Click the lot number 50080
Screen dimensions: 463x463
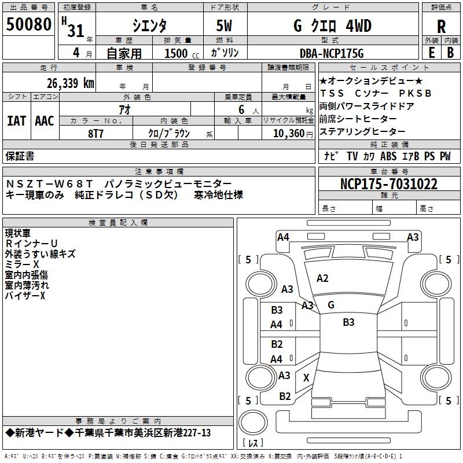29,25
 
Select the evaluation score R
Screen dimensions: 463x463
441,27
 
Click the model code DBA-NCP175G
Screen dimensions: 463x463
332,54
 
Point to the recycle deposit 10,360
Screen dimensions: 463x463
286,133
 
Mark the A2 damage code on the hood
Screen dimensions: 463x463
322,278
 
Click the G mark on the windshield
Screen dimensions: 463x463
331,304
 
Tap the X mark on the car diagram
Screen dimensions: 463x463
306,377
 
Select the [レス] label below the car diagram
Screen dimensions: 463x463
253,443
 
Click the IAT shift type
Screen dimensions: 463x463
16,121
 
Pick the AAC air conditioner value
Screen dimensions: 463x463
45,121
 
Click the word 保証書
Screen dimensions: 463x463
20,156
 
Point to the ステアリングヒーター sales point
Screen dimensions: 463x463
362,132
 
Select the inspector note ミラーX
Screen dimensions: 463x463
23,264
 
